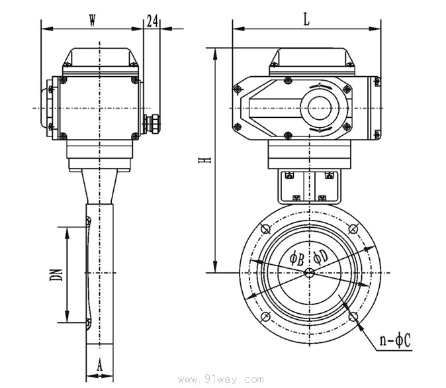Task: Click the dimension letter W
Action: point(92,21)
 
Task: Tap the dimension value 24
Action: point(152,21)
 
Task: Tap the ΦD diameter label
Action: point(320,256)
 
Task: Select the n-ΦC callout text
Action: point(396,342)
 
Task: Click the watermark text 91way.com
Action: point(223,379)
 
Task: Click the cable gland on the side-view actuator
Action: point(150,123)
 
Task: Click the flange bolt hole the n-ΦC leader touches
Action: point(354,316)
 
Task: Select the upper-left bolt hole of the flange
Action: point(266,228)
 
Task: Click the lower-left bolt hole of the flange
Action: point(266,316)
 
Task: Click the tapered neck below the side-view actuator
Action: point(99,186)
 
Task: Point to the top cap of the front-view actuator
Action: point(309,60)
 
